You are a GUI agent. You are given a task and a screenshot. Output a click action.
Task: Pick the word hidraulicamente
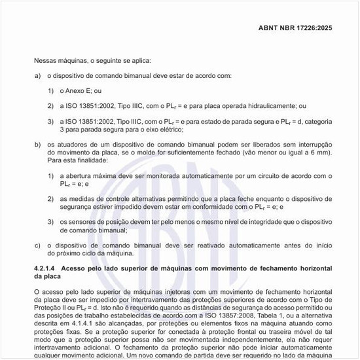point(271,106)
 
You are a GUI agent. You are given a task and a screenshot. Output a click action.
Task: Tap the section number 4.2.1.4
point(46,268)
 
